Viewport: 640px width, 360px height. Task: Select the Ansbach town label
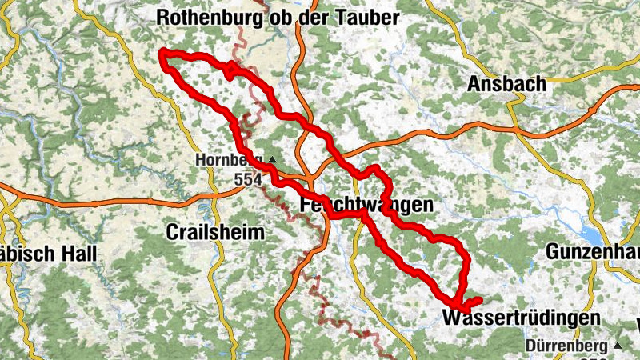point(506,83)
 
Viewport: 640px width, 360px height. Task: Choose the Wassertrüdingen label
point(521,318)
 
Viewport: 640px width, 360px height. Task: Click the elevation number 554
point(249,180)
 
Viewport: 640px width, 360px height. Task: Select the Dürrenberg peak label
point(567,346)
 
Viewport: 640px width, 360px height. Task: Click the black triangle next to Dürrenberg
point(618,346)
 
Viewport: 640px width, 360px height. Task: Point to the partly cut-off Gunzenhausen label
point(593,251)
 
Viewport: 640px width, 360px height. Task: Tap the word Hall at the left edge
point(76,254)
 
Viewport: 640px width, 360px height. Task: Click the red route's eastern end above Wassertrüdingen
point(479,300)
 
